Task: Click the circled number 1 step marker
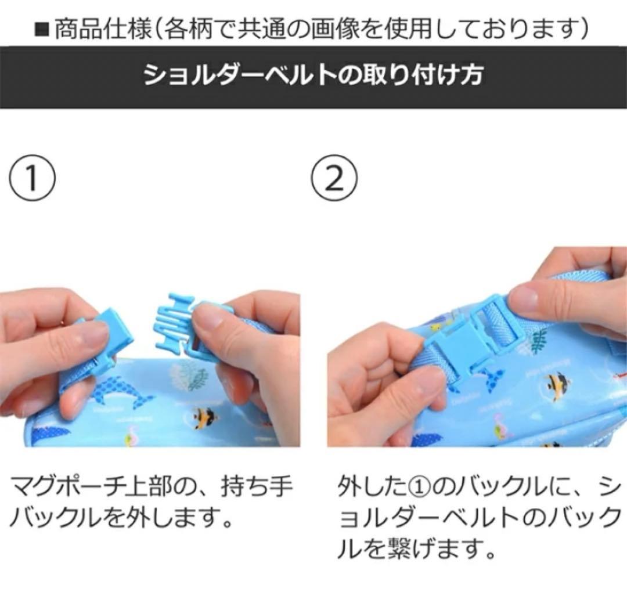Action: click(32, 179)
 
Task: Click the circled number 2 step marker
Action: click(334, 179)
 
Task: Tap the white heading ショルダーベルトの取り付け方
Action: click(313, 75)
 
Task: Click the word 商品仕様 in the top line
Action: click(102, 29)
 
